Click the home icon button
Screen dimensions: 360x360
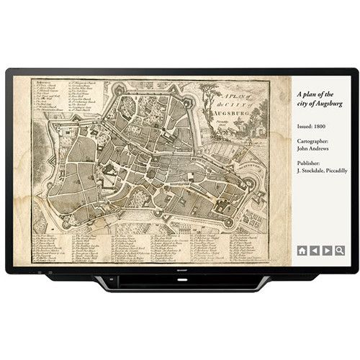(302, 251)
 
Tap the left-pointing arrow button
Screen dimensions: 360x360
(315, 251)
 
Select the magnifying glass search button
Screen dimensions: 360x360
(339, 251)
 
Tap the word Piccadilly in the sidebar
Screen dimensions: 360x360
(333, 171)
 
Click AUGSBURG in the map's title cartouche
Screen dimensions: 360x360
(238, 114)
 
